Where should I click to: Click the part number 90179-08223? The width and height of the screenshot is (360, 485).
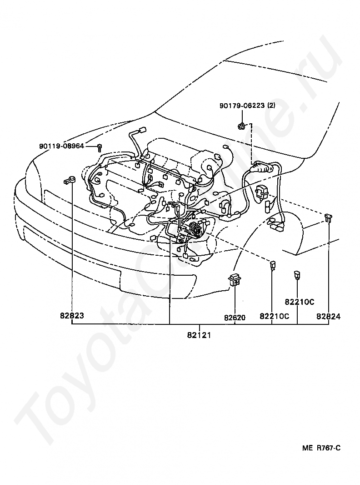pyautogui.click(x=241, y=106)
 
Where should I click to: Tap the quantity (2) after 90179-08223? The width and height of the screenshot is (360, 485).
pyautogui.click(x=271, y=106)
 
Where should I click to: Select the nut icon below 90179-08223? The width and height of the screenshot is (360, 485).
pyautogui.click(x=242, y=125)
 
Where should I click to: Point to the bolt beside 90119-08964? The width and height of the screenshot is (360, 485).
pyautogui.click(x=100, y=147)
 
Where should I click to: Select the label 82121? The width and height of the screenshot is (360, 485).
pyautogui.click(x=199, y=335)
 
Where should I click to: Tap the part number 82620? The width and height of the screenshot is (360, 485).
pyautogui.click(x=235, y=317)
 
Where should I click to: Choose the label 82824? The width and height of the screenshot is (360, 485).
pyautogui.click(x=329, y=317)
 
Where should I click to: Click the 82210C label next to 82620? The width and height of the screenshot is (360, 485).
pyautogui.click(x=275, y=317)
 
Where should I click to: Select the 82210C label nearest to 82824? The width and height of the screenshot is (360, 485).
pyautogui.click(x=300, y=302)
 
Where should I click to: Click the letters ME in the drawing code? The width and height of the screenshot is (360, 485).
pyautogui.click(x=308, y=448)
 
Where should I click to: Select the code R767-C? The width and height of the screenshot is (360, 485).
pyautogui.click(x=328, y=448)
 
